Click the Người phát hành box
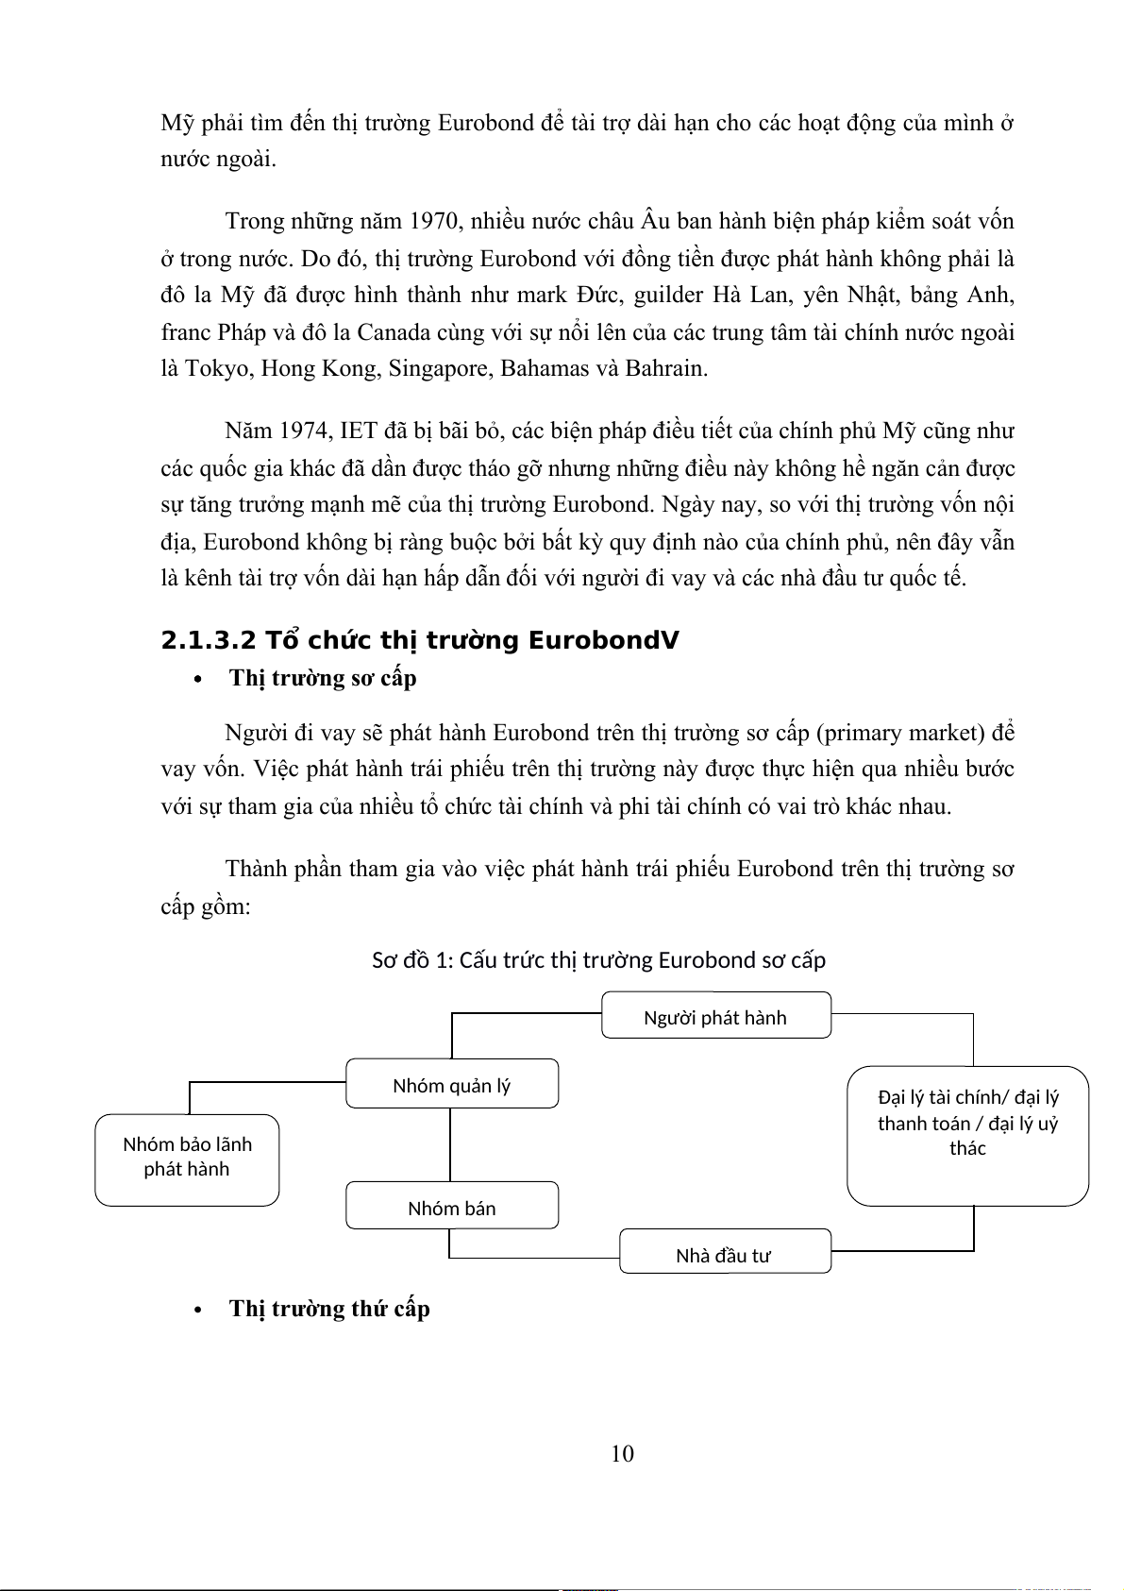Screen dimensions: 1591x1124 click(716, 1016)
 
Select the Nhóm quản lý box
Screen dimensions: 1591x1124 click(452, 1084)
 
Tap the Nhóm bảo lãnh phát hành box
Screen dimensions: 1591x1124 click(187, 1159)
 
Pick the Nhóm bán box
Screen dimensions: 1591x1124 click(452, 1206)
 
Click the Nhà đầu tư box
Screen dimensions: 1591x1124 click(725, 1252)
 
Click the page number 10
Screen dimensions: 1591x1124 click(622, 1453)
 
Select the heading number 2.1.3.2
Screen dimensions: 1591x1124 click(209, 641)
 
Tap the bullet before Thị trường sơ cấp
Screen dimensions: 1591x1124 click(198, 679)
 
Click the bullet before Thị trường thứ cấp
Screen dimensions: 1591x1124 click(198, 1310)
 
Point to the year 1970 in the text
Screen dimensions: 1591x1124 click(433, 222)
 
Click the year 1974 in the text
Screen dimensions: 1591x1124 click(305, 432)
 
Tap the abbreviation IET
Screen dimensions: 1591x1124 click(359, 432)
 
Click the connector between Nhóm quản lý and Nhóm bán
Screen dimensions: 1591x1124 click(450, 1144)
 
